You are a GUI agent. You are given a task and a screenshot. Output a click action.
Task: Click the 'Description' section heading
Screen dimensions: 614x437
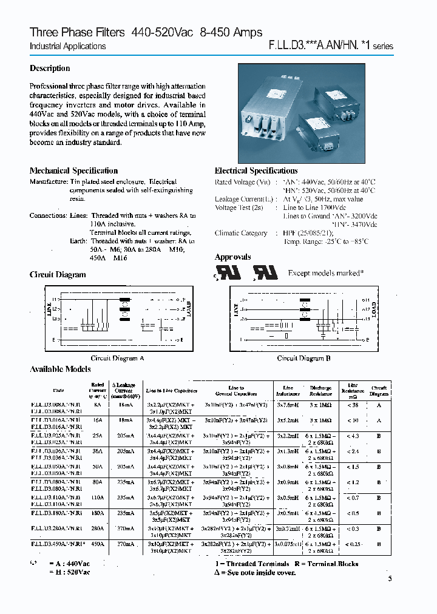[x=50, y=69]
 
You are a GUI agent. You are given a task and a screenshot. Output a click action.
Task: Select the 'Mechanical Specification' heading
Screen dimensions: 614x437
[x=73, y=170]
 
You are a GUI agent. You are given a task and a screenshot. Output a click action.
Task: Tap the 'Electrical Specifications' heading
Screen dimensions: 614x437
[x=256, y=170]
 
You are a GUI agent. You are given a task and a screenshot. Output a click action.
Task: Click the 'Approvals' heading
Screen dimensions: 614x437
[x=232, y=257]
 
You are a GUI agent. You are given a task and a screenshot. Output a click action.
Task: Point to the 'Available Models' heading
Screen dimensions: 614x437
[x=60, y=369]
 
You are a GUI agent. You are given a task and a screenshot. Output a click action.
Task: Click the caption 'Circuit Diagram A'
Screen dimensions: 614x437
[x=117, y=359]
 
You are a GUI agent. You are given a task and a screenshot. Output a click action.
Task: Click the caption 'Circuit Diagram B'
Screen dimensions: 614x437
[x=303, y=359]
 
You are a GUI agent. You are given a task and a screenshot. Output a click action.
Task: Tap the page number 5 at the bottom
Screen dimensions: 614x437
[x=390, y=579]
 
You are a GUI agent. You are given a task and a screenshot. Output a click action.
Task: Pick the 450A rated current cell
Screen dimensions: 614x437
[x=98, y=545]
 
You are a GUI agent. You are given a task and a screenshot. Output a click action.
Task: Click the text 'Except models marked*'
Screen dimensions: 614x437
[x=325, y=273]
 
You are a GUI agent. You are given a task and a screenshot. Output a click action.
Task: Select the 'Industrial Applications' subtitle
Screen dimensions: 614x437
[x=67, y=46]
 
